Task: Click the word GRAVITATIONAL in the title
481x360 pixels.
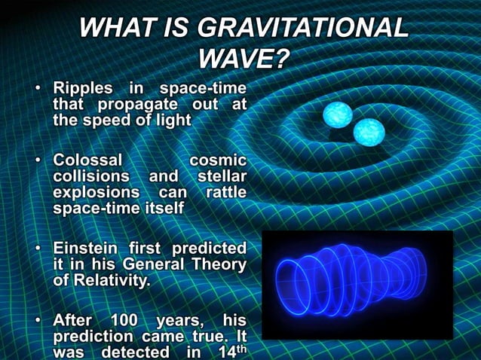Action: coord(302,28)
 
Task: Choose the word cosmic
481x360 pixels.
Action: coord(218,160)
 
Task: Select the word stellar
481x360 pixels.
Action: coord(221,176)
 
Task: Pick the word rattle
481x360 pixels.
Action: coord(225,192)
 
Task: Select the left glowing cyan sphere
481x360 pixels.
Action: coord(338,114)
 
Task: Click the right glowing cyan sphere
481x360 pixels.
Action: coord(369,133)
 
